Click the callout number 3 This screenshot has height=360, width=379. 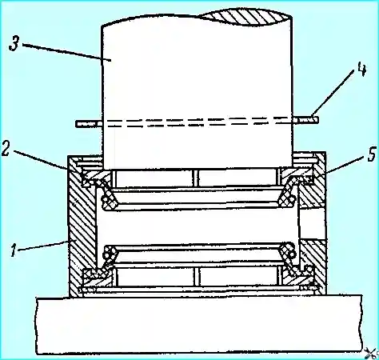(14, 43)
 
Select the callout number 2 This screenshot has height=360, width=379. (6, 149)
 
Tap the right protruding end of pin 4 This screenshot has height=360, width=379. (306, 119)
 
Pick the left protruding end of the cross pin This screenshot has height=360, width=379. (89, 124)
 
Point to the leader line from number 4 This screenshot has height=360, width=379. (333, 94)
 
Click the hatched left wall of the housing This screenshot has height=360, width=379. (82, 226)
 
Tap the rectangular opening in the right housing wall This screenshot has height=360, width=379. (313, 223)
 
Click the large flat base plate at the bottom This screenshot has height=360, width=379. (199, 325)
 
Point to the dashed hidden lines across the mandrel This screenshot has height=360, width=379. (197, 122)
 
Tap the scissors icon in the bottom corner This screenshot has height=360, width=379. (372, 354)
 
